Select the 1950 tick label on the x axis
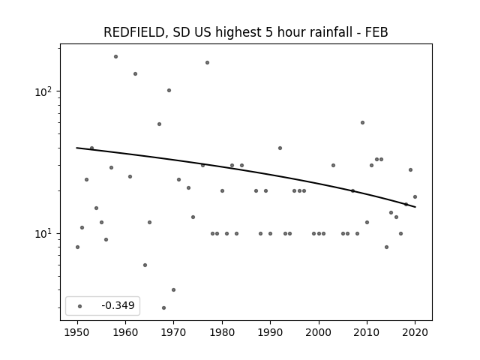coord(77,332)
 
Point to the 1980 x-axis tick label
coord(222,332)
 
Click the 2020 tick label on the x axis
coord(415,332)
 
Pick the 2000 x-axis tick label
coord(319,332)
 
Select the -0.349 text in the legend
coord(118,305)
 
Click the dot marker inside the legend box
coord(80,306)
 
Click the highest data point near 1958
coord(115,57)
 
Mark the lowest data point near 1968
coord(163,307)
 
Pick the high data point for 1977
coord(207,63)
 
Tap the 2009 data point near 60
coord(362,123)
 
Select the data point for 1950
coord(77,247)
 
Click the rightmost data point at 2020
coord(415,196)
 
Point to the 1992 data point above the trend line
coord(280,148)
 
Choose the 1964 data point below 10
coord(145,265)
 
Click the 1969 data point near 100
coord(169,90)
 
